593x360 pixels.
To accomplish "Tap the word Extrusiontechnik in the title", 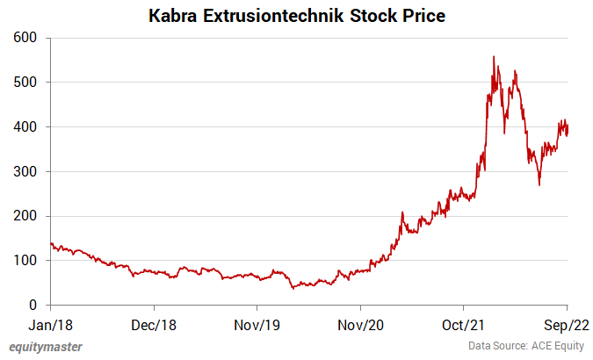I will (x=271, y=15).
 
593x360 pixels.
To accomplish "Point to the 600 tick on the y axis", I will (x=25, y=38).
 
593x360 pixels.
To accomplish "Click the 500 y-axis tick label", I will (x=25, y=83).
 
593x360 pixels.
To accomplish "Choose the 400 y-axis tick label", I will (x=25, y=127).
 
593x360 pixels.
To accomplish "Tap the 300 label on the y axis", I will (x=25, y=171).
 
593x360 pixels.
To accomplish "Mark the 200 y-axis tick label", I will (x=25, y=216).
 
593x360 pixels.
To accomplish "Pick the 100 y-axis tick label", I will (x=25, y=261).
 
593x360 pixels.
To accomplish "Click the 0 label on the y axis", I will (x=33, y=306).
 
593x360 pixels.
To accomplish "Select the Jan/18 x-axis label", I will (x=51, y=323).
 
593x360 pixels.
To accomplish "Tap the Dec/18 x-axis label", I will (x=154, y=323).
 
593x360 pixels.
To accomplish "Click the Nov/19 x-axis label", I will (x=257, y=323).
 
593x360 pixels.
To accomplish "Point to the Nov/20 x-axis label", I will (x=361, y=323).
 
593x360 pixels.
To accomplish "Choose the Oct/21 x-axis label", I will (x=464, y=323).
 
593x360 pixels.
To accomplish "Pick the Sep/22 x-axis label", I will (x=567, y=323).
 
